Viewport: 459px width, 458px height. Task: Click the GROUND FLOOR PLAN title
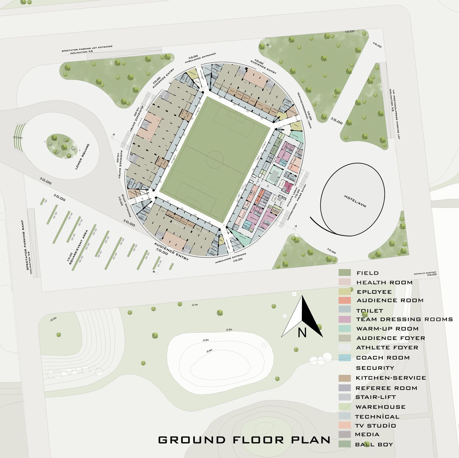pos(244,440)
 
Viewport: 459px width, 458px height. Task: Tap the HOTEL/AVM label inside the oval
pos(355,201)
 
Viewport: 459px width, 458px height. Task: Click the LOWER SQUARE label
pos(82,157)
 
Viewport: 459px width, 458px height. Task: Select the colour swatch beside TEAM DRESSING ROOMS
pos(345,319)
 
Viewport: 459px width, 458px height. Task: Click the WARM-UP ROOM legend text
pos(387,329)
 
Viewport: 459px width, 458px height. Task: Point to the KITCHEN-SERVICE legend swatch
pos(345,378)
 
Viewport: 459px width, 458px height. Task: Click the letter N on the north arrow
pos(302,333)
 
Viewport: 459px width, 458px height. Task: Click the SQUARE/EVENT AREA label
pos(79,247)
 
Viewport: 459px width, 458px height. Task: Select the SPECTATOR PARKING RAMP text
pos(27,245)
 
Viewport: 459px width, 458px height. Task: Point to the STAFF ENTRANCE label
pos(126,206)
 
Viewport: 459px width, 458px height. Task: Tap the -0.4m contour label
pos(209,351)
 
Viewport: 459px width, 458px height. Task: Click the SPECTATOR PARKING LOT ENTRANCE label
pos(87,47)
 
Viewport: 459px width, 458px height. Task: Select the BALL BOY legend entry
pos(374,445)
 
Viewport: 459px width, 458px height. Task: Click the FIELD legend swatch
pos(345,273)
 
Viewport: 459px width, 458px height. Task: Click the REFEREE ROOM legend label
pos(386,388)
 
